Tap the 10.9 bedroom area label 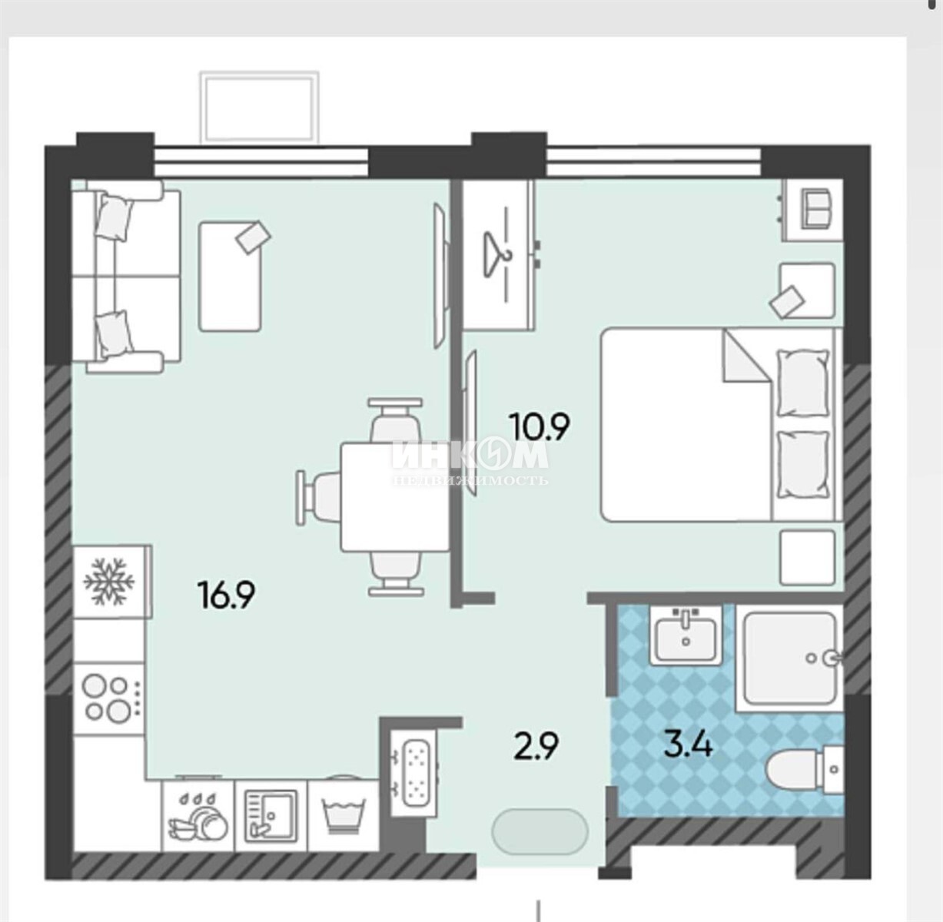pos(540,426)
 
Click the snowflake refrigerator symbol pos(109,582)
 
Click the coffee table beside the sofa pos(230,277)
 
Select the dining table pos(396,496)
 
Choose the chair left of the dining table pos(318,496)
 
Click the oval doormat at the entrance pos(540,831)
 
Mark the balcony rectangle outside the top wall pos(259,108)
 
